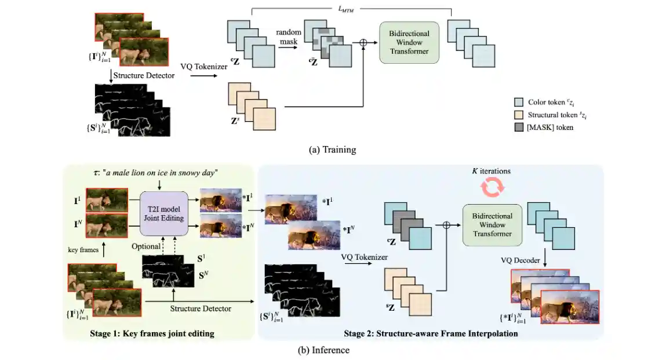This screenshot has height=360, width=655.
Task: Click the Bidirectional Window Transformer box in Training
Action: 409,43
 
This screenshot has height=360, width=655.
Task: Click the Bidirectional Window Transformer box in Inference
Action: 492,224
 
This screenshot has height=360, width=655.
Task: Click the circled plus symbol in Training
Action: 363,43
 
